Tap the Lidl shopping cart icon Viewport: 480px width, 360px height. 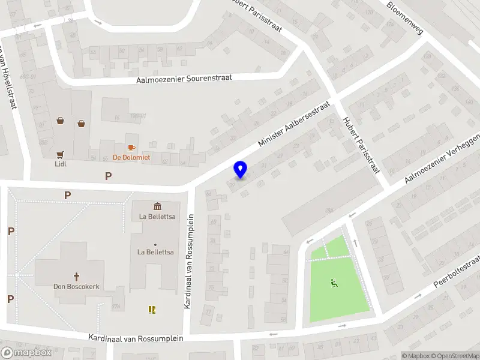coord(60,153)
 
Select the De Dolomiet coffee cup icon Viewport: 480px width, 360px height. coord(131,148)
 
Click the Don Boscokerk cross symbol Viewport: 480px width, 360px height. coord(76,277)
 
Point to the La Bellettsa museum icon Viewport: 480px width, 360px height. coord(157,206)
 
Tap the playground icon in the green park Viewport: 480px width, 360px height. coord(334,283)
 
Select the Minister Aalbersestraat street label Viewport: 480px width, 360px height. coord(293,124)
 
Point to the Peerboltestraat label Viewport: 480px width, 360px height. coord(457,271)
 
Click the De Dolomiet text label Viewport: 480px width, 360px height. coord(131,158)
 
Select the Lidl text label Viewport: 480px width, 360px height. coord(60,163)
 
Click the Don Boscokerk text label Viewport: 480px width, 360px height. coord(76,287)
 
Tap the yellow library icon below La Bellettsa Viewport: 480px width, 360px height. coord(152,310)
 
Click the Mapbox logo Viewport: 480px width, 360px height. coord(26,353)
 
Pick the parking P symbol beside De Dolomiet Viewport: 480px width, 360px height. coord(109,176)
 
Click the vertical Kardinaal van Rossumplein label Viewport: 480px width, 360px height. coord(187,261)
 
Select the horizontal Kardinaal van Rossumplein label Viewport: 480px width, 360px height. coord(135,338)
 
